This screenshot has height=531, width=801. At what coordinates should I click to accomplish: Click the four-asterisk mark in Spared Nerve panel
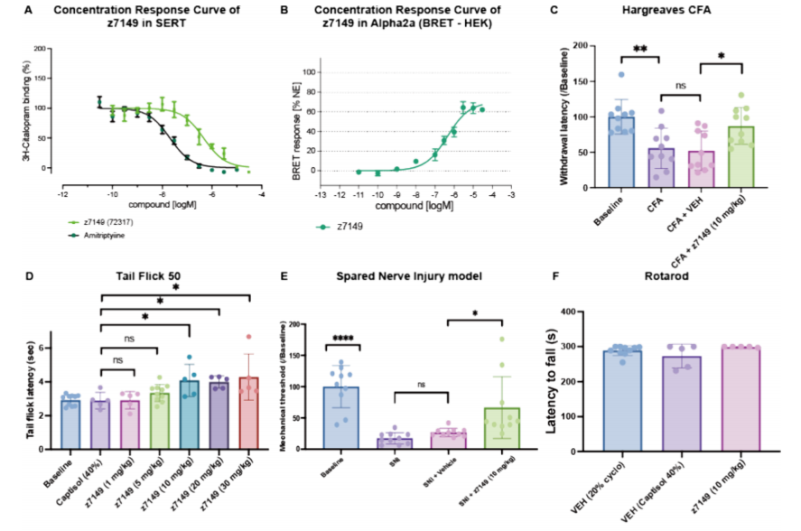coord(341,338)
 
